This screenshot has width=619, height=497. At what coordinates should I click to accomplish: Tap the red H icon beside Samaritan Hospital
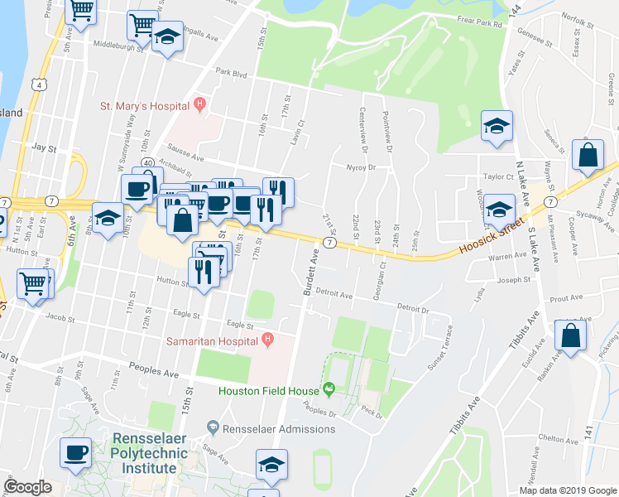(267, 339)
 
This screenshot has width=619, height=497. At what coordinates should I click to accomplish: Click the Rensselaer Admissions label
(279, 429)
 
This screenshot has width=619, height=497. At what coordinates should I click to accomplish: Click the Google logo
(27, 487)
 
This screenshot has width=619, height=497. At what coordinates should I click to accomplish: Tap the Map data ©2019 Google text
(568, 490)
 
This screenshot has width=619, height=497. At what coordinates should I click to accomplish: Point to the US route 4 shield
(39, 85)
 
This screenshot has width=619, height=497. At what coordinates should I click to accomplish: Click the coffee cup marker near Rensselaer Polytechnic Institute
(76, 452)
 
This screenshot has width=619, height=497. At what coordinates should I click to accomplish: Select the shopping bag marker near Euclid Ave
(570, 335)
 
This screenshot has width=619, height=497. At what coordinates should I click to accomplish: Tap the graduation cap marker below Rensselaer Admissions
(271, 466)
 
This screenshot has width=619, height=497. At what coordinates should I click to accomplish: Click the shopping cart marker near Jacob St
(33, 283)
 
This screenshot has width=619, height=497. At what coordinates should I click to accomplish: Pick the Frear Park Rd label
(480, 25)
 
